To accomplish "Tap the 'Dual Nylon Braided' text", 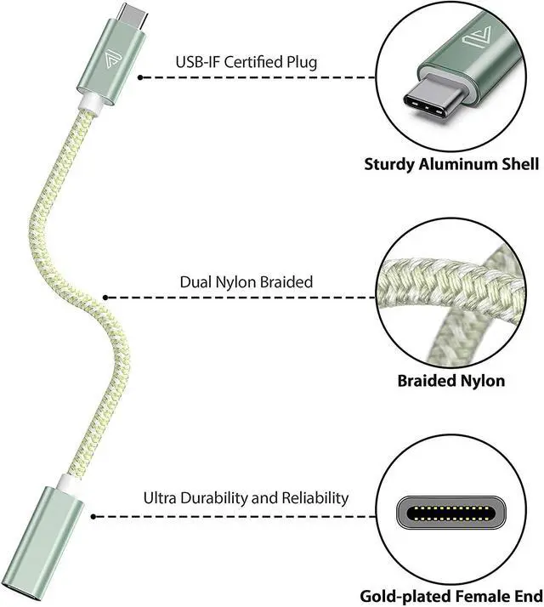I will click(x=246, y=281).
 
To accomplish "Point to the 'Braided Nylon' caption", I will click(x=450, y=380).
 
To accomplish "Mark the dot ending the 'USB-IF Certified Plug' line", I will click(x=141, y=77).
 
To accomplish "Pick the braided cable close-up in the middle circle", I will click(x=450, y=298).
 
